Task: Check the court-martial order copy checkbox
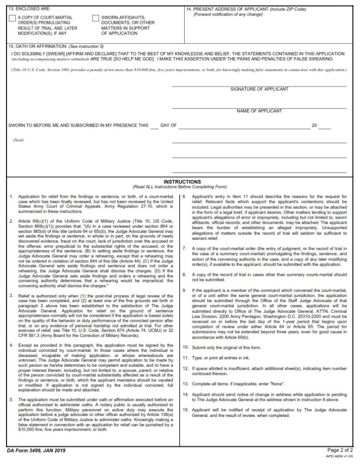tap(12, 18)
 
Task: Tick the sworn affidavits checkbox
tap(96, 18)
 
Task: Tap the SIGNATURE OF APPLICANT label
tap(259, 89)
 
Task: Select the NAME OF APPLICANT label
tap(259, 111)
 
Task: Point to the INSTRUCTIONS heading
tap(182, 182)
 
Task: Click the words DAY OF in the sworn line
tap(169, 126)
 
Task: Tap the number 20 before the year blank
tap(315, 126)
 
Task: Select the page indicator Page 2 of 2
tap(340, 450)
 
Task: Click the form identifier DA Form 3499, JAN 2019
tap(36, 451)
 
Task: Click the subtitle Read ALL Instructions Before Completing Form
tap(180, 187)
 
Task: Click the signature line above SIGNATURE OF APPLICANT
tap(259, 86)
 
